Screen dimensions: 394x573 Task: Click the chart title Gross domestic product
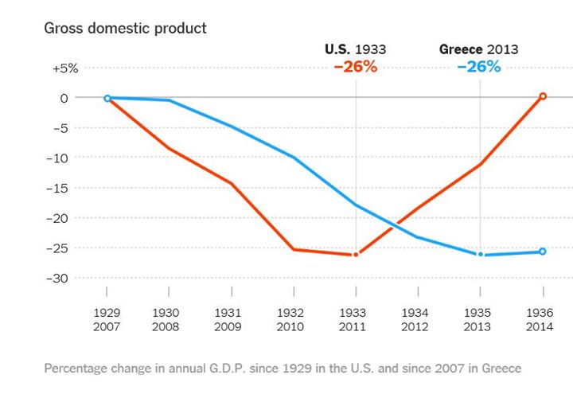coord(125,29)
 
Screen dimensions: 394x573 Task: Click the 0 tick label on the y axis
coord(75,98)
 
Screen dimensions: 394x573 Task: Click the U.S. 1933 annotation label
coord(356,49)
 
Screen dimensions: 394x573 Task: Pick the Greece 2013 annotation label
coord(478,49)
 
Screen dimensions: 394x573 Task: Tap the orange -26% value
coord(356,67)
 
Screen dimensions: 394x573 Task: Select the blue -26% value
coord(479,67)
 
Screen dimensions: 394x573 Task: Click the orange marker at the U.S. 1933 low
coord(356,255)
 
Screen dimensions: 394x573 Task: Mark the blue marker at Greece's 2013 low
coord(480,255)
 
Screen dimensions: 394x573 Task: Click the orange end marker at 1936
coord(543,96)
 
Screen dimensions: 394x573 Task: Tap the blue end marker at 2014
coord(543,252)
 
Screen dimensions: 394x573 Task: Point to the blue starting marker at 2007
coord(107,99)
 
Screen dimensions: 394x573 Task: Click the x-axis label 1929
coord(107,314)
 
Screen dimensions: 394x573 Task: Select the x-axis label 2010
coord(290,327)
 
